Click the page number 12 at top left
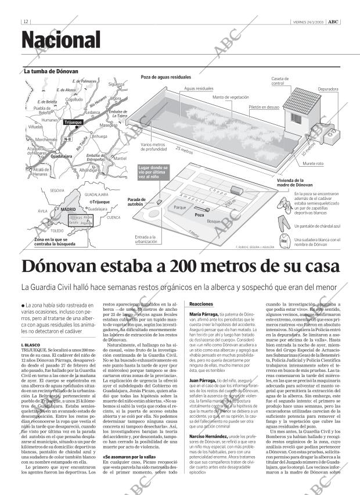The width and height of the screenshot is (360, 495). point(26,22)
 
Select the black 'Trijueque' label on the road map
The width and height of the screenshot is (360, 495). point(74,123)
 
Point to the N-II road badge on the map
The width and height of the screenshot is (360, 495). point(67,139)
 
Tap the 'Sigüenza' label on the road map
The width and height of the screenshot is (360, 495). point(116,84)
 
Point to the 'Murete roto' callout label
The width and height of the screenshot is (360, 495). point(313,164)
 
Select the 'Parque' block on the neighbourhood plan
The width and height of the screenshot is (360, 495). point(180,207)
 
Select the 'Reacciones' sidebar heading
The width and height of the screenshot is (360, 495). point(201,304)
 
